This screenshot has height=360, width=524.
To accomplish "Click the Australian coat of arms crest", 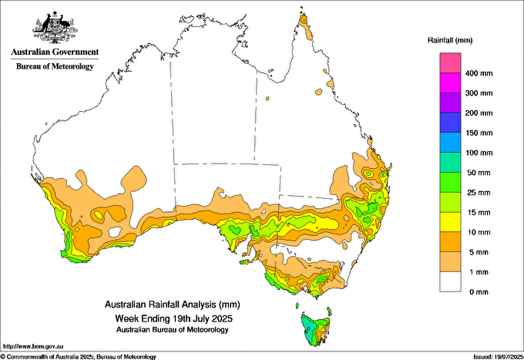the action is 55,28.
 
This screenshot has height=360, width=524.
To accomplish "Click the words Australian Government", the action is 55,52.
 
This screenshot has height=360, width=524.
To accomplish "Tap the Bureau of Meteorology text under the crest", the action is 55,66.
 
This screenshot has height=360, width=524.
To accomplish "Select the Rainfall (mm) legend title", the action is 450,40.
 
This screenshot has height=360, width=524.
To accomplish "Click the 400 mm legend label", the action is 479,73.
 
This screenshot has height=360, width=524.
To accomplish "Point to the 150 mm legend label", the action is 479,133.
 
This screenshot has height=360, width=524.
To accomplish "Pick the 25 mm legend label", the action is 479,193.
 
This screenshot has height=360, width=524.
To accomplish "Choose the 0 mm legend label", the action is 479,292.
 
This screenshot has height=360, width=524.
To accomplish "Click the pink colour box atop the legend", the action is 450,63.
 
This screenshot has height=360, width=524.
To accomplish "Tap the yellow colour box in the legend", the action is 450,222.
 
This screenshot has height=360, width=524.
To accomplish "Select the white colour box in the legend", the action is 450,282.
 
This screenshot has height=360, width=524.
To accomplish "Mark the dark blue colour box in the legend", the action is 450,123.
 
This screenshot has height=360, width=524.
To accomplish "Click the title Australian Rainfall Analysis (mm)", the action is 173,304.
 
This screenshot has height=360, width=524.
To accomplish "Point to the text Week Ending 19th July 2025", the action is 173,318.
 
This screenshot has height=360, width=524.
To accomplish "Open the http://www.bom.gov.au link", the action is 33,346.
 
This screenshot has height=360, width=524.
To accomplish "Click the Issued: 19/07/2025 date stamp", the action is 498,357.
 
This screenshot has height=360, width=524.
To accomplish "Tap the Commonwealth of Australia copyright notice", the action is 79,357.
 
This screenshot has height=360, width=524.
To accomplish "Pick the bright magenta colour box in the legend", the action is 450,83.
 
